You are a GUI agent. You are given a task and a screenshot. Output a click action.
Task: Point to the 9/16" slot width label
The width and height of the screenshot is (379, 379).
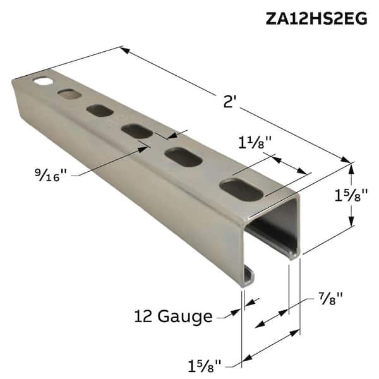54,172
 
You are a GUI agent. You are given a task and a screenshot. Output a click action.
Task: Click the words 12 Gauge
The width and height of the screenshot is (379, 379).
173,315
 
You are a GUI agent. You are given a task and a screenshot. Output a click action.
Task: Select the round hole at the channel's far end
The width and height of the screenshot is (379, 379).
43,82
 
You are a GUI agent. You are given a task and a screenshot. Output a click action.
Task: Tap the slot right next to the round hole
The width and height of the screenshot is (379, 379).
69,95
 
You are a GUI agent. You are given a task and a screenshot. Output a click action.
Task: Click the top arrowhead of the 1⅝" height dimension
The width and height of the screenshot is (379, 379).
352,167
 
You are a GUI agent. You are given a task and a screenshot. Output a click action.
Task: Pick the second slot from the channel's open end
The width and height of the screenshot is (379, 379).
183,157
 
